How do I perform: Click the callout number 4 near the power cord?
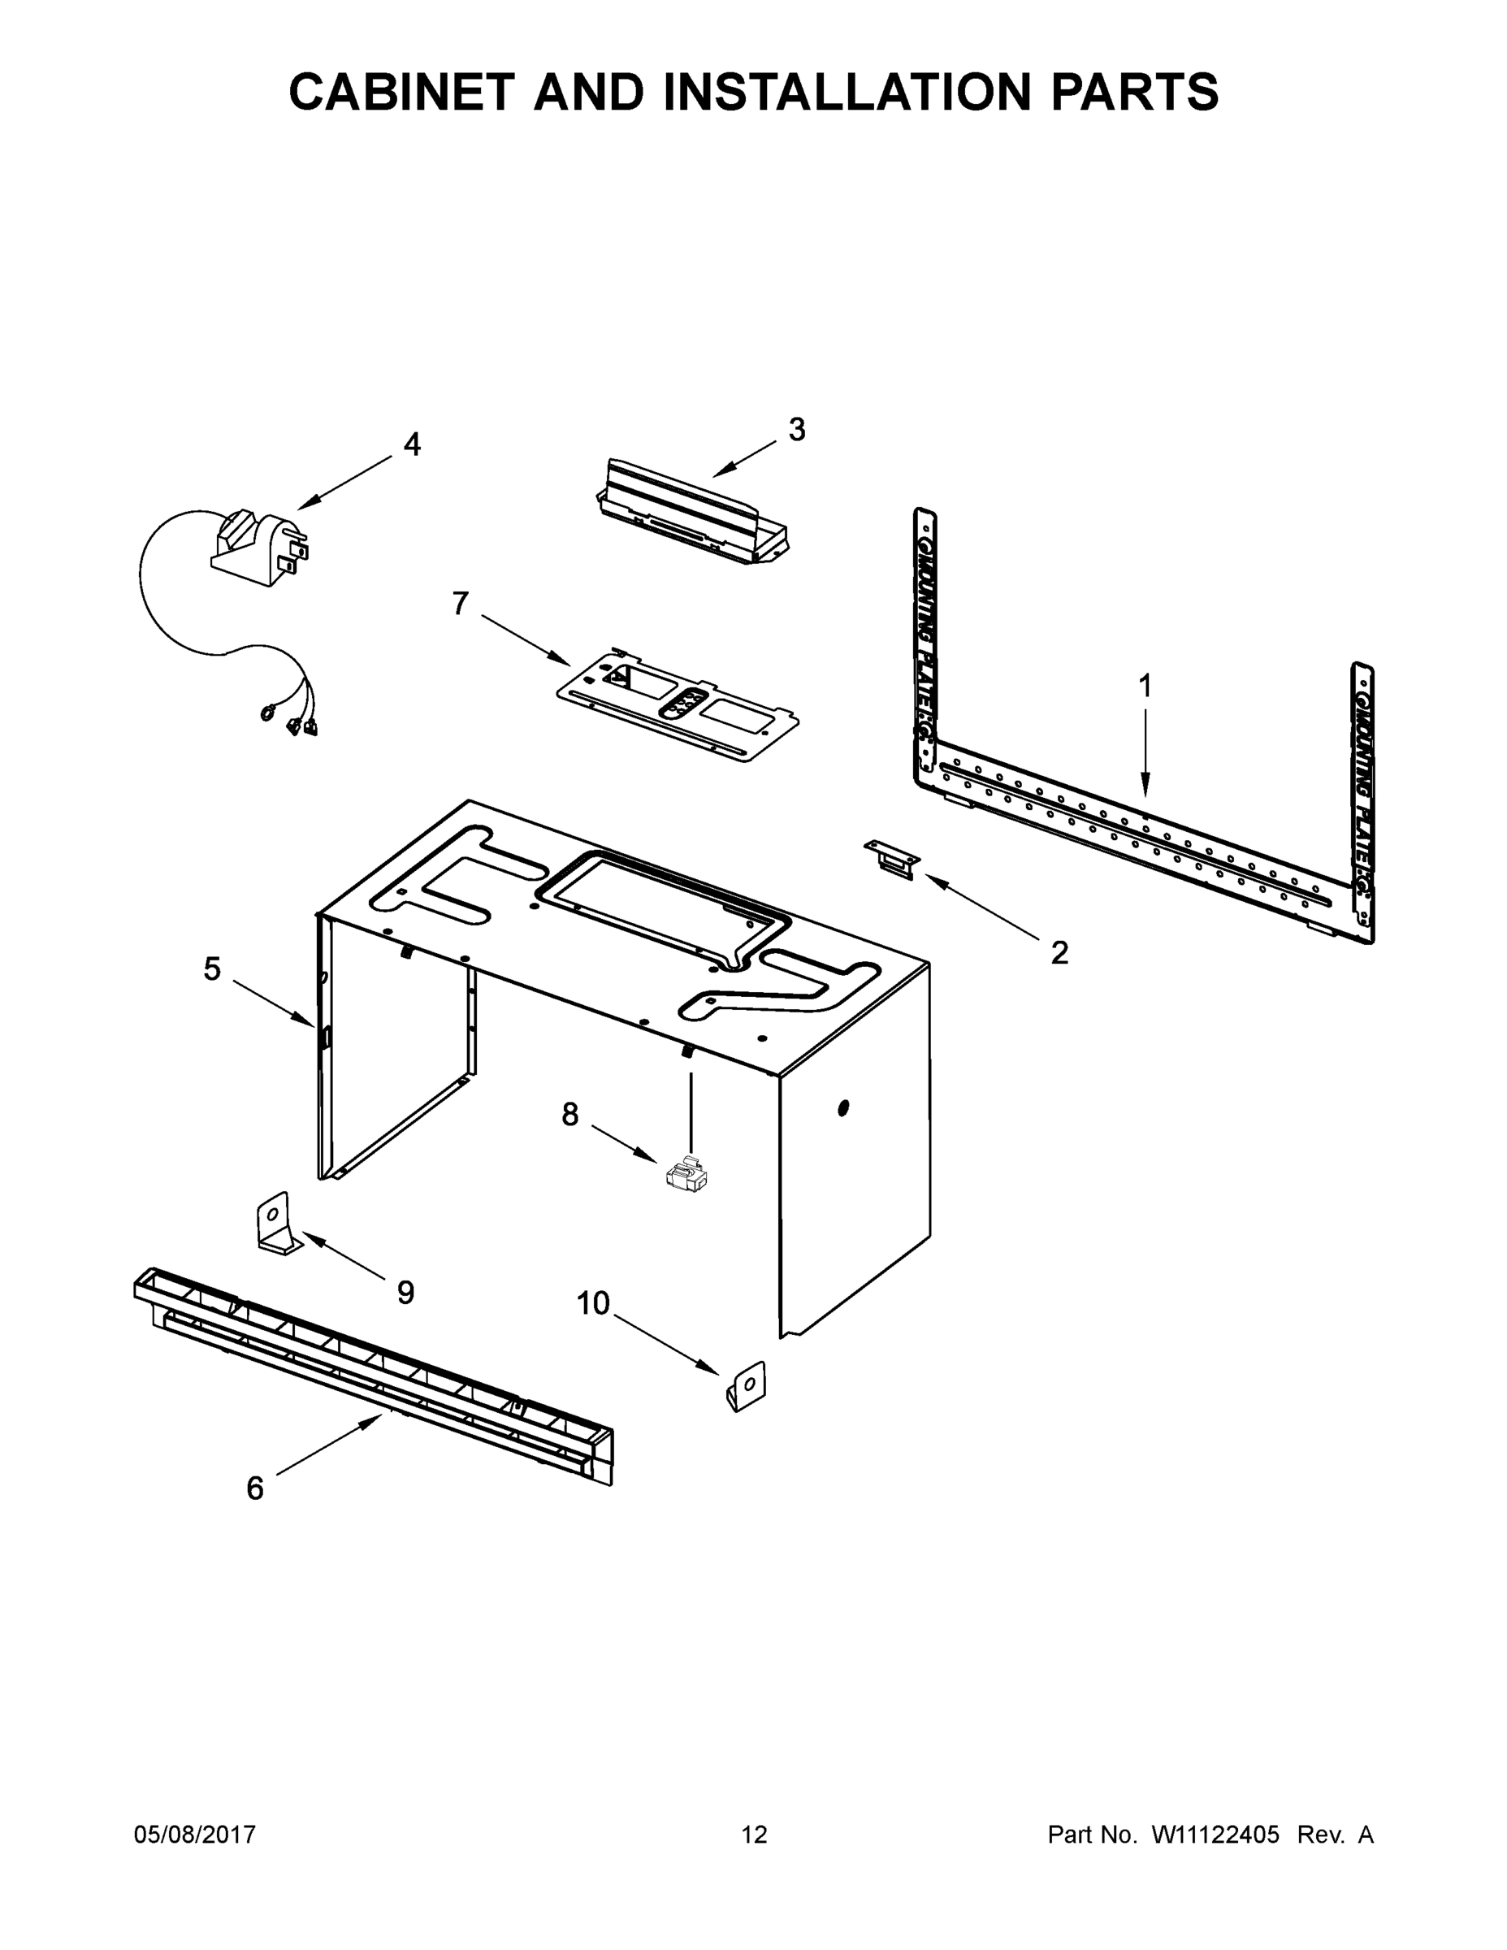tap(412, 444)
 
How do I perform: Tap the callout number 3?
tap(796, 430)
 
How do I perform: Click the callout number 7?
tap(460, 604)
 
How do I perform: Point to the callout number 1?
tap(1145, 687)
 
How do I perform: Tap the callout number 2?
tap(1059, 954)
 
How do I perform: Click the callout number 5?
tap(211, 968)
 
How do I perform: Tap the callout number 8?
tap(569, 1114)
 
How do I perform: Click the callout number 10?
tap(593, 1303)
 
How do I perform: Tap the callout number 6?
tap(255, 1488)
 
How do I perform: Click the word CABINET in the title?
tap(402, 92)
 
